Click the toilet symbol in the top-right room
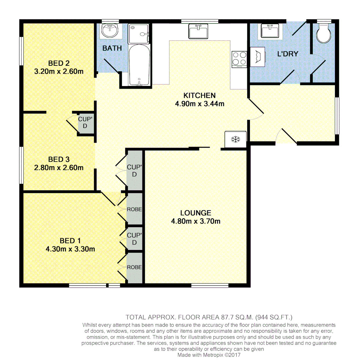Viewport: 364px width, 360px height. (x=323, y=33)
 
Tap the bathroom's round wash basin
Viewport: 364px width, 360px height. (x=110, y=31)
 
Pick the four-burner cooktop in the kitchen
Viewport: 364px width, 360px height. (x=239, y=59)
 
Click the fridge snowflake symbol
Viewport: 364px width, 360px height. (x=236, y=139)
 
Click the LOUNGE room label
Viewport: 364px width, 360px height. (x=196, y=213)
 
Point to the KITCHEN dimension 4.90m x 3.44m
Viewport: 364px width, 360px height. (x=200, y=104)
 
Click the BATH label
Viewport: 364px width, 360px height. (x=112, y=48)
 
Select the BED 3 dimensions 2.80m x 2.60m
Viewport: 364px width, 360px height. (x=59, y=168)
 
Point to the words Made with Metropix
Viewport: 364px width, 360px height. (x=199, y=355)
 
